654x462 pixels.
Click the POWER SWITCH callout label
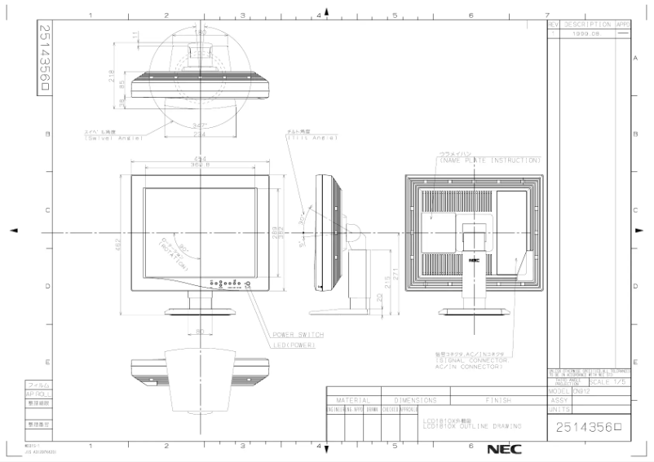tap(298, 335)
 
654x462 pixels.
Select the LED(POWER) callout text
tap(294, 345)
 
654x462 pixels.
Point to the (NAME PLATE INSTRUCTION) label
tap(489, 161)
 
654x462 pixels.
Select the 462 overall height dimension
tap(117, 243)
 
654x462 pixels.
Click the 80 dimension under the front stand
tap(199, 332)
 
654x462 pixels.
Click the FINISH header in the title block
tap(498, 401)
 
